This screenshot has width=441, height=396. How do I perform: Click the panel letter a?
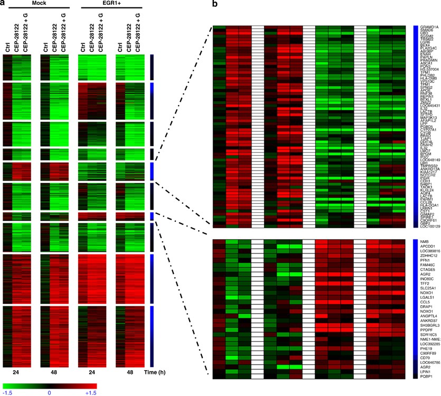coord(4,4)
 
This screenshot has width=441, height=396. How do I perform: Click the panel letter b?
coord(215,4)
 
